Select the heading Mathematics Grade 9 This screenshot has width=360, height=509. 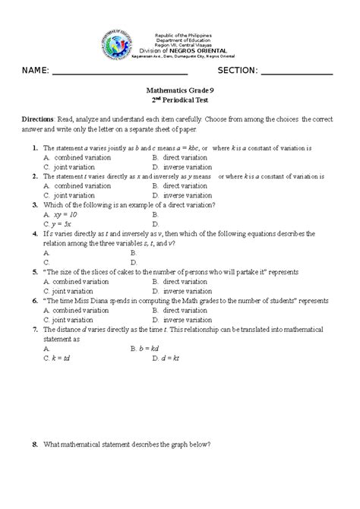(x=179, y=90)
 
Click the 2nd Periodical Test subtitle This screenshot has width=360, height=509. (x=179, y=100)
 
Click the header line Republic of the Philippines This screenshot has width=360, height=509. (x=183, y=36)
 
